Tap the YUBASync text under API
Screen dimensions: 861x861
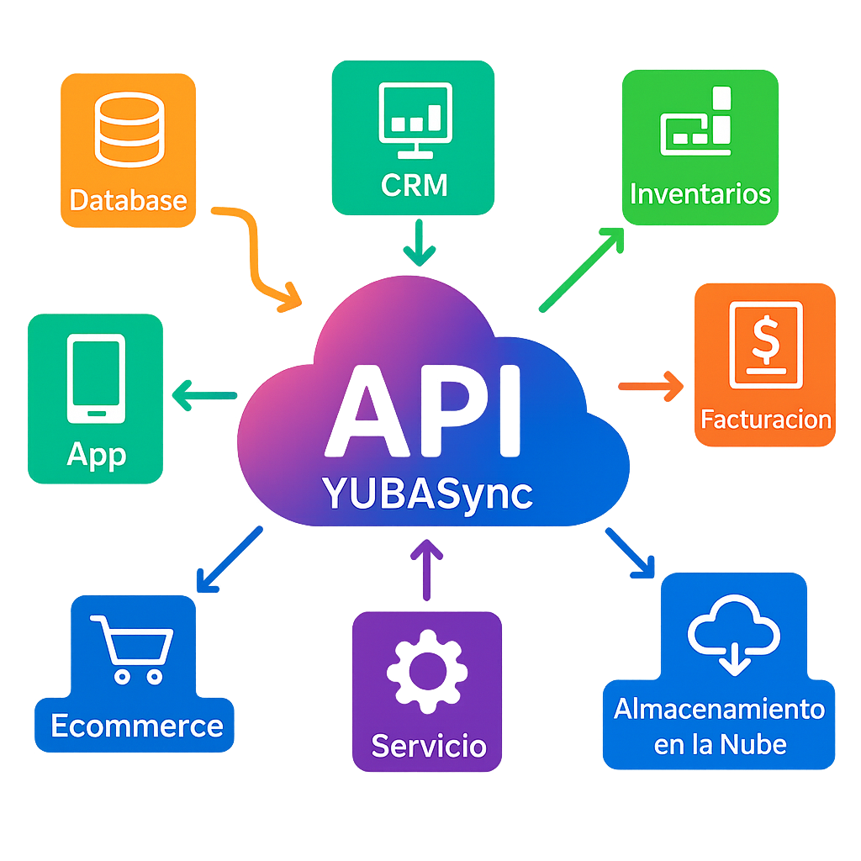pos(427,494)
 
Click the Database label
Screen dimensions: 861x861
pos(128,200)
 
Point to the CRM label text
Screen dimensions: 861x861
pos(414,185)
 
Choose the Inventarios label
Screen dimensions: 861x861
pos(700,194)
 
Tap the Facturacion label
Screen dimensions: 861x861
pos(765,419)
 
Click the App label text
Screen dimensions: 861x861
pos(96,455)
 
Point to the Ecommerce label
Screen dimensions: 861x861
pos(136,725)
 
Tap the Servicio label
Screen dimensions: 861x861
pos(428,745)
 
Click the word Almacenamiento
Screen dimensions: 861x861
pos(719,709)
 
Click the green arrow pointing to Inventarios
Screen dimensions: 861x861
pos(581,270)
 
